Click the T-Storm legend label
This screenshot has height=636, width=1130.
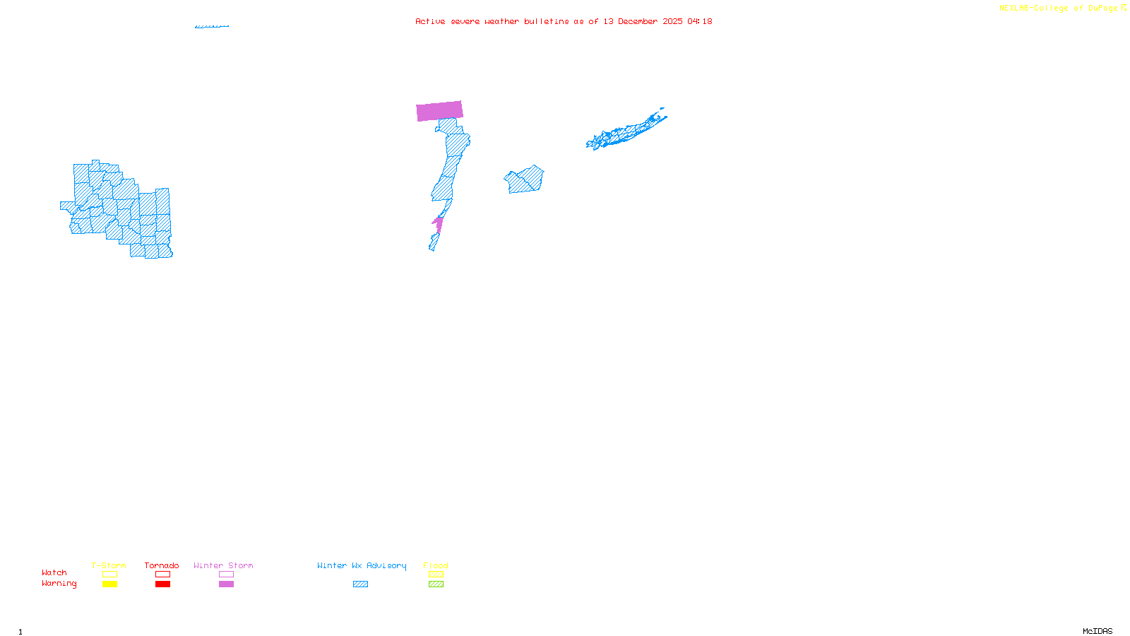[109, 565]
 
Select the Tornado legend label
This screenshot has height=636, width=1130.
[162, 565]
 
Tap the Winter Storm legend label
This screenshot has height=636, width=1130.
[223, 565]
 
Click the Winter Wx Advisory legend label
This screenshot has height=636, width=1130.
[362, 565]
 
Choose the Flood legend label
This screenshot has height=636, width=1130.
[436, 565]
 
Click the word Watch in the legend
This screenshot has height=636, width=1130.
[54, 572]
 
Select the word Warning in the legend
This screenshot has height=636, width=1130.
[59, 584]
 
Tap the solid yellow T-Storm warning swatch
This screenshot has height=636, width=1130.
[109, 584]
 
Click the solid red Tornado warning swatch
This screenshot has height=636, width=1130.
[162, 584]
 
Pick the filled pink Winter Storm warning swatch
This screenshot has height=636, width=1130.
[226, 584]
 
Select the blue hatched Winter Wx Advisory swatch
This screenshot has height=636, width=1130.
[360, 584]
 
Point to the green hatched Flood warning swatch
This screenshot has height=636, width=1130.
[436, 584]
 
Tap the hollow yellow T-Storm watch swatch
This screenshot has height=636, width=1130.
[109, 575]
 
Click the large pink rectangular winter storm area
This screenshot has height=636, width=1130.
[439, 111]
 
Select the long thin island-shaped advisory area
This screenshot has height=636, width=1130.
[625, 131]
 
